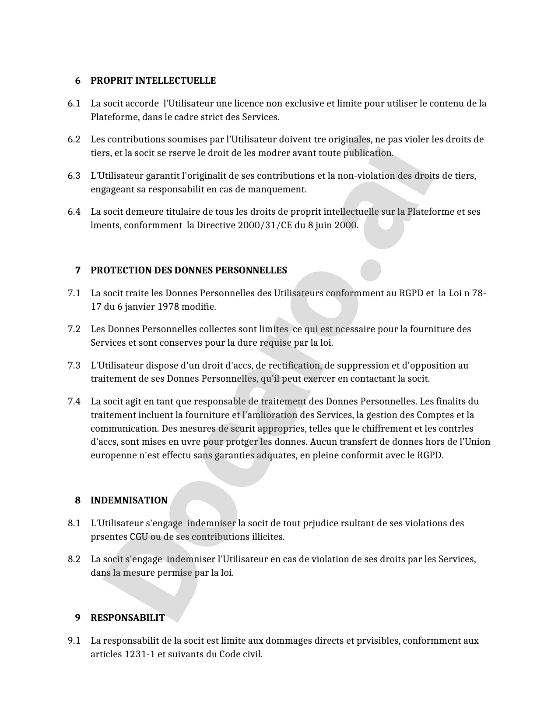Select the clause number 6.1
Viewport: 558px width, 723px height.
pos(74,103)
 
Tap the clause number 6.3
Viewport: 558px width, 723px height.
pos(74,176)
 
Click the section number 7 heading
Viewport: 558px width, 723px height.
pos(78,270)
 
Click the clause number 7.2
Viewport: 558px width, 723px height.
pos(74,329)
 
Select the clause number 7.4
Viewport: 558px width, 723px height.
pos(74,401)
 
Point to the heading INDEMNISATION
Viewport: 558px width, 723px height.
pos(129,500)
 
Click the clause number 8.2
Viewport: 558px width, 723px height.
pos(74,559)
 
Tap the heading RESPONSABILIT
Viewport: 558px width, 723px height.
pos(128,618)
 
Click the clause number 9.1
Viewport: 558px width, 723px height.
pos(74,641)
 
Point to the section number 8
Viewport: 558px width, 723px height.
pos(78,500)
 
